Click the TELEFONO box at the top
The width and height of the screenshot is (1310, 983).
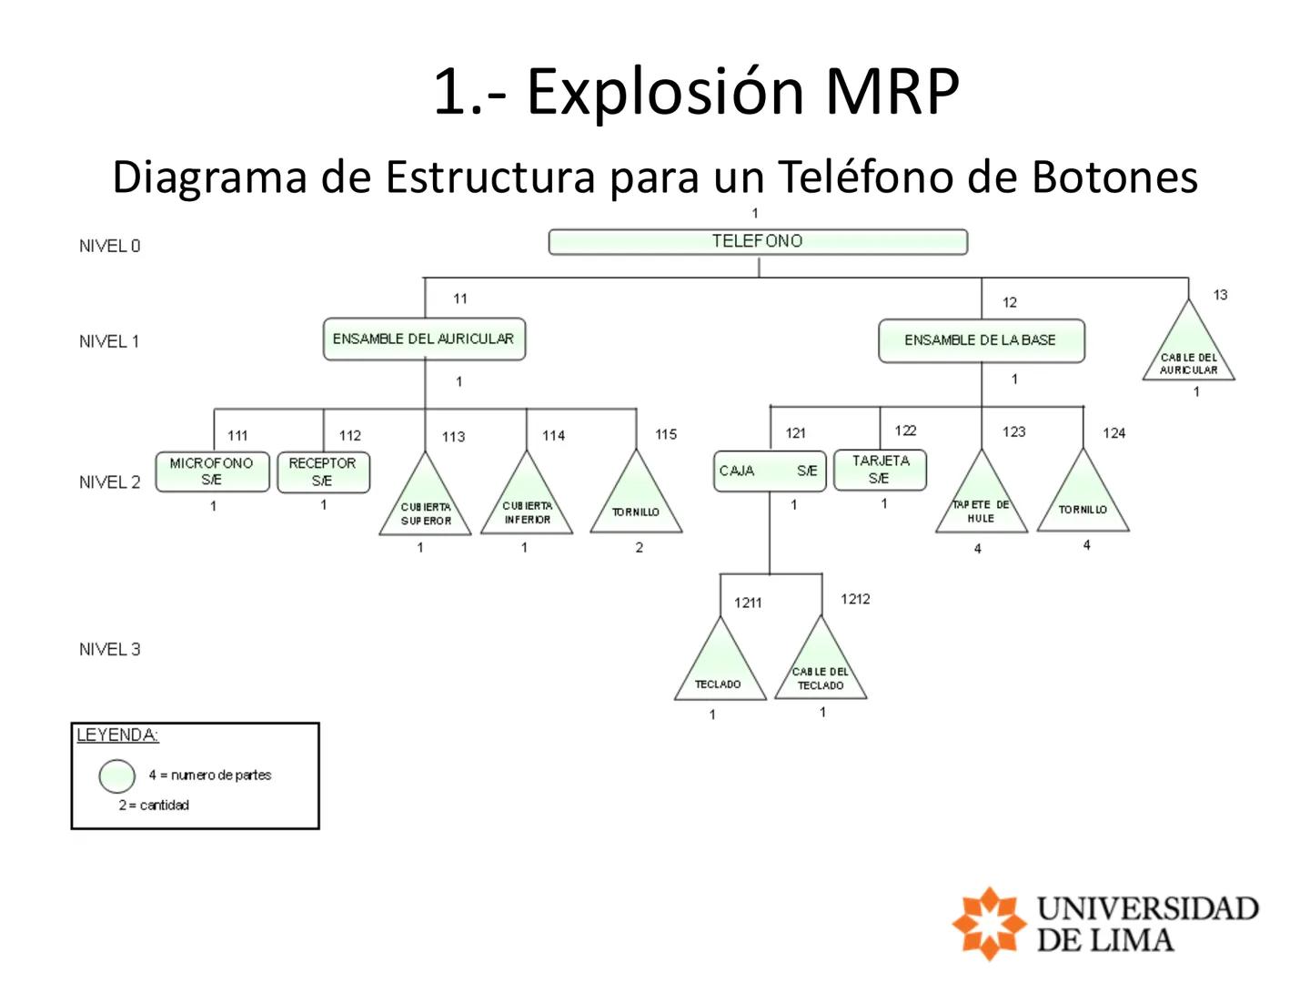[x=758, y=241]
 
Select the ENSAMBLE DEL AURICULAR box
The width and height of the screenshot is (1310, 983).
[x=424, y=339]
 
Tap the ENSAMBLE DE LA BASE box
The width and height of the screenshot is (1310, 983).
[x=981, y=340]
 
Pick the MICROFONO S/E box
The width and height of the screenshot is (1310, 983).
[x=212, y=471]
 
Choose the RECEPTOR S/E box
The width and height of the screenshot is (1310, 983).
[x=323, y=471]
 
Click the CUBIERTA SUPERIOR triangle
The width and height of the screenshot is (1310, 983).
[x=425, y=505]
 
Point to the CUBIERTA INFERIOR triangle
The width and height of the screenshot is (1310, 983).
[x=527, y=504]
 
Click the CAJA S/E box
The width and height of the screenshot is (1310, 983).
[x=770, y=471]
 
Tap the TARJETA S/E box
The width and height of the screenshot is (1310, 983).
[x=880, y=470]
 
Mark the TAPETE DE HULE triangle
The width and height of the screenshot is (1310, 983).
[x=981, y=503]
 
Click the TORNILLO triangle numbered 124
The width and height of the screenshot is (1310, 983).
[x=1083, y=502]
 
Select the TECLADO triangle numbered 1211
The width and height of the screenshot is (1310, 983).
[x=720, y=671]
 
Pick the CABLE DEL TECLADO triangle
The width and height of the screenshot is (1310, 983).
[x=821, y=670]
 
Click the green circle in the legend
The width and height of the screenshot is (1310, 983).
[x=117, y=776]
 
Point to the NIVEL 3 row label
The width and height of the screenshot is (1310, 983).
[x=109, y=649]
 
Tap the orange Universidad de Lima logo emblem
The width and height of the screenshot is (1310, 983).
[x=988, y=923]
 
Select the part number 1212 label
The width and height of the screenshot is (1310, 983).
[x=855, y=599]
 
